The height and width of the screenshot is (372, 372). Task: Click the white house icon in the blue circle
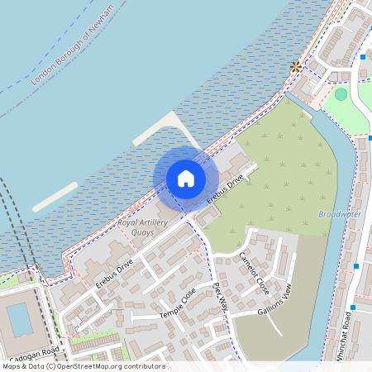[186, 178]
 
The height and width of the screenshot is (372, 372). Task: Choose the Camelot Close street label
[254, 273]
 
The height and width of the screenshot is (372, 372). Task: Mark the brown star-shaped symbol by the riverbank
[295, 67]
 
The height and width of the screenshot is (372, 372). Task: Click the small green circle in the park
[341, 94]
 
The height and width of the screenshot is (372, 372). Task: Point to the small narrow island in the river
[55, 196]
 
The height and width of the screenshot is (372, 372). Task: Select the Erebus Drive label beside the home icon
[225, 189]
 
